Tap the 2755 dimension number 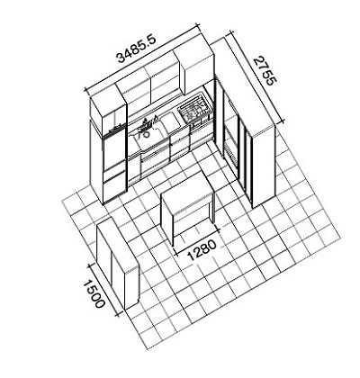(265, 71)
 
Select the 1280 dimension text (202, 249)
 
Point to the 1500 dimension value (94, 294)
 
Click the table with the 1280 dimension (187, 207)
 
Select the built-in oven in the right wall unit (231, 141)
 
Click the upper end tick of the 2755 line (230, 32)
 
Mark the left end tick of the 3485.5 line (86, 90)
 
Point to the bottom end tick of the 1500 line (119, 314)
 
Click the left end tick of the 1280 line (175, 253)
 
